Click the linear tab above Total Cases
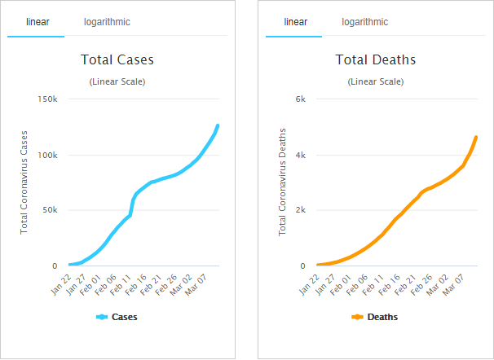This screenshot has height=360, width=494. tap(34, 22)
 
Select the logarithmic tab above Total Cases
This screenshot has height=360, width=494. tap(107, 22)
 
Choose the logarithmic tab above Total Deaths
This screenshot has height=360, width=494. tap(365, 22)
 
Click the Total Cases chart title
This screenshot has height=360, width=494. tap(117, 59)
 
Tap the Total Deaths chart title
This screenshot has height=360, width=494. tap(376, 59)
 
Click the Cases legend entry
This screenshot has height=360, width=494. tap(117, 317)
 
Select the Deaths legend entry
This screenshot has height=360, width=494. tap(376, 317)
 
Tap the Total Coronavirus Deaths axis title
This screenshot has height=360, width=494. tap(284, 182)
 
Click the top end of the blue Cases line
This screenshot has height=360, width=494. tap(218, 125)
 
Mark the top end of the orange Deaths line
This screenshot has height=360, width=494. tap(476, 137)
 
